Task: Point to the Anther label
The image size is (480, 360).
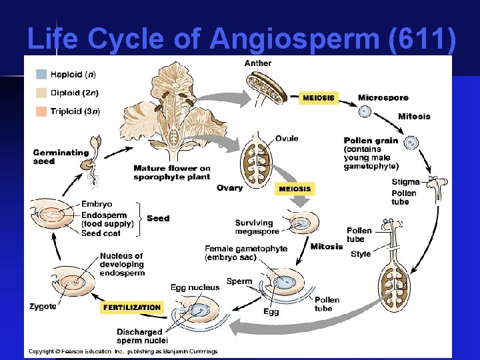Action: coord(258,64)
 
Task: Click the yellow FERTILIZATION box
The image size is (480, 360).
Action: coord(132,307)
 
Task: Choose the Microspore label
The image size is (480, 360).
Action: coord(383,97)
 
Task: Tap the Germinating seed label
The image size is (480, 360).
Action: coord(61,157)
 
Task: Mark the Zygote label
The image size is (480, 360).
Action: coord(43,307)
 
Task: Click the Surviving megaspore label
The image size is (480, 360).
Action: coord(254,227)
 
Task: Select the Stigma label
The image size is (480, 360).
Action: coord(405,181)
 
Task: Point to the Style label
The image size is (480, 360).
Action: coord(361,254)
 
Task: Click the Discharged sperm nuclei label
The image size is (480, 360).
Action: coord(139,337)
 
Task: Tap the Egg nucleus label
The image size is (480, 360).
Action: coord(195,287)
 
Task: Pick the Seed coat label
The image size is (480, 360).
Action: coord(101,233)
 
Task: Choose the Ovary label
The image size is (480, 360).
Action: coord(230,188)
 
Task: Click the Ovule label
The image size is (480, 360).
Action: coord(287,139)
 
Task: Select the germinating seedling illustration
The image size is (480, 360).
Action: coord(96,161)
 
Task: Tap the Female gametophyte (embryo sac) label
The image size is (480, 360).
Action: coord(246,253)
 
